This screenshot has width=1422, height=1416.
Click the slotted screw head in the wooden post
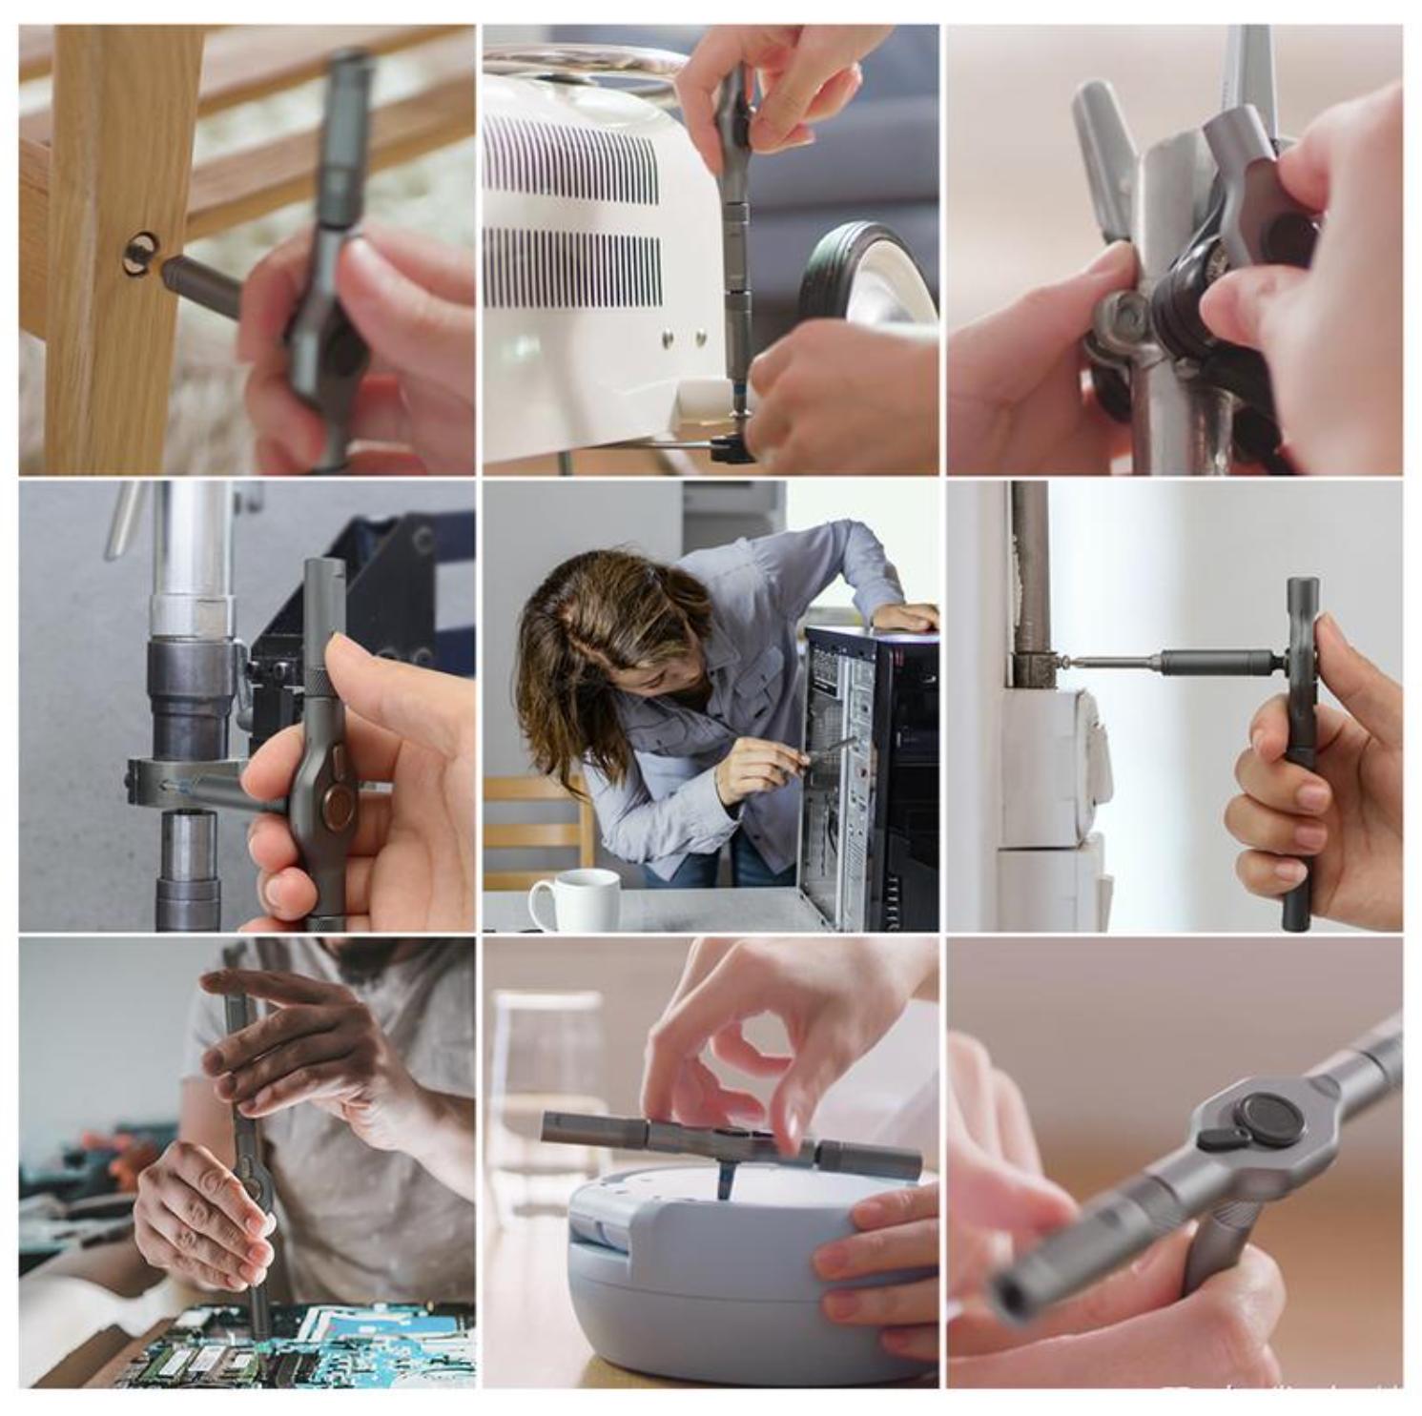[140, 255]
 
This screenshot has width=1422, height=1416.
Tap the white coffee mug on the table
[575, 899]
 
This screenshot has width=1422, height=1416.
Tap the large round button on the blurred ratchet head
[1269, 1119]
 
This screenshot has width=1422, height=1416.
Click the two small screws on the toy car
[683, 336]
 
